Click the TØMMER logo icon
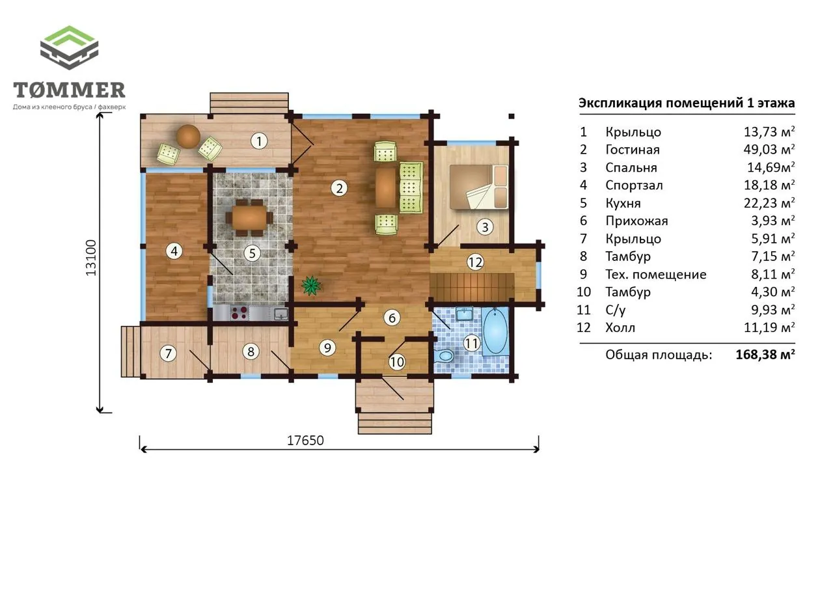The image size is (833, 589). [x=69, y=48]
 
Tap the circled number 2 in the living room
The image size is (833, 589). [x=339, y=188]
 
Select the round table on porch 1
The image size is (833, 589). [x=188, y=137]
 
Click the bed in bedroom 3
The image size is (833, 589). [x=478, y=187]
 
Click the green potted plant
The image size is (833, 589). [x=311, y=285]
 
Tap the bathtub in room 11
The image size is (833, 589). [x=495, y=331]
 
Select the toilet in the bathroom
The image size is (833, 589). [x=444, y=355]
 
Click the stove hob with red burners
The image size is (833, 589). [x=239, y=312]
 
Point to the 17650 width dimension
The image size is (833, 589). [x=305, y=441]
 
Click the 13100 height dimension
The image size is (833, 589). [x=90, y=258]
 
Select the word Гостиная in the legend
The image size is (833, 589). [x=633, y=150]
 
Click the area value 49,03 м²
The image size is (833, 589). [x=769, y=149]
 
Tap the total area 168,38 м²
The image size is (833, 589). [x=765, y=354]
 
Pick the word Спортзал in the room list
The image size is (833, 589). [x=634, y=185]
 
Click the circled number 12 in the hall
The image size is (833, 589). [x=475, y=262]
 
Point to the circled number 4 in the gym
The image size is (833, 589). [x=174, y=251]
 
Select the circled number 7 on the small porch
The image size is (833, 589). [x=168, y=353]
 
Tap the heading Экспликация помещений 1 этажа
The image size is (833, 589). [x=687, y=103]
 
